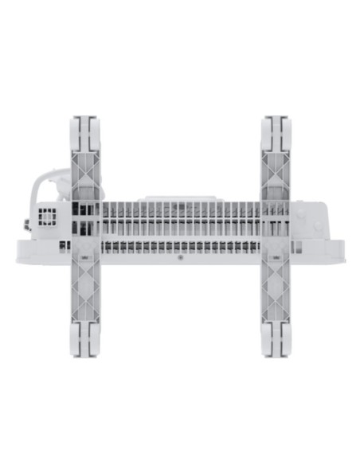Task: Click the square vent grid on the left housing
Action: (48, 217)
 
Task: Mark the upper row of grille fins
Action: (179, 210)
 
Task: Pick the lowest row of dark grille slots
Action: (179, 248)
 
